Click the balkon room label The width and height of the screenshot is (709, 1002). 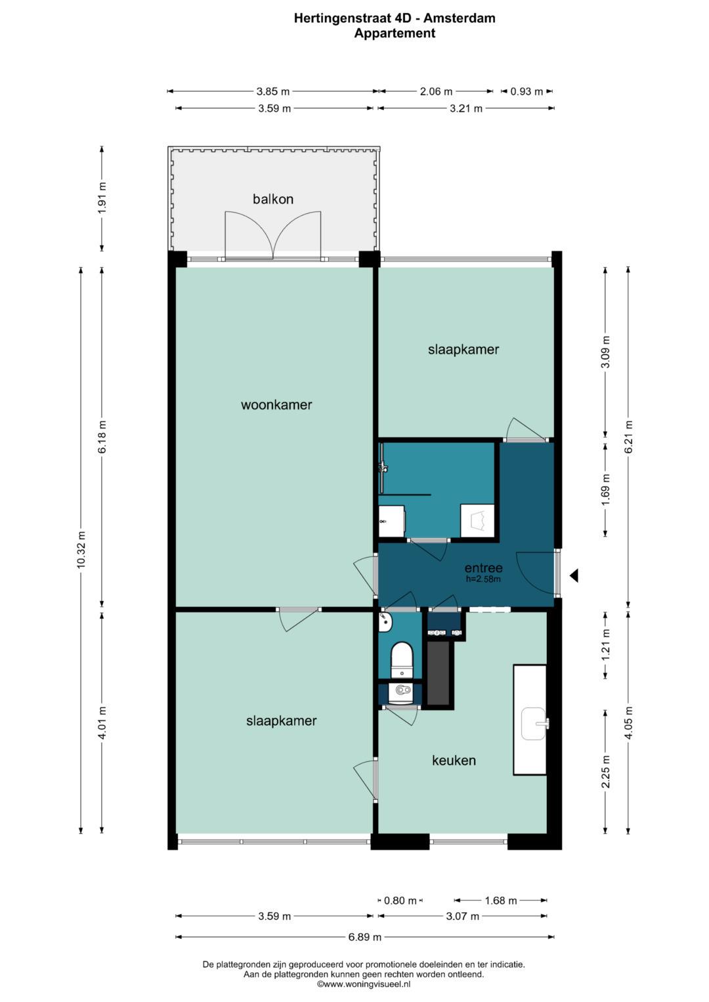(273, 199)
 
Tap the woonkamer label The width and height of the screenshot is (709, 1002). (276, 405)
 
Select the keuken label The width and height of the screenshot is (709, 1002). (454, 761)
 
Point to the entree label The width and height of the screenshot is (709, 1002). (483, 568)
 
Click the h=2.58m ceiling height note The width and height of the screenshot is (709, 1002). (483, 579)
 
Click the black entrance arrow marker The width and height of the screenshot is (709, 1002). (574, 575)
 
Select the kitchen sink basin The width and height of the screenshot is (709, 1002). (534, 724)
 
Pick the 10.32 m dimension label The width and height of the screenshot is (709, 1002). (81, 550)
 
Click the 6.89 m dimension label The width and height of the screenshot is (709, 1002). (365, 936)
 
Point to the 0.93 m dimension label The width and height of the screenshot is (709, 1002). (526, 92)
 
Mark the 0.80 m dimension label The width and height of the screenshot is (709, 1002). (400, 900)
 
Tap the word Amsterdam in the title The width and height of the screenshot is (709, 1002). (460, 18)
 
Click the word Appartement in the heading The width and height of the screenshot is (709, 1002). (395, 33)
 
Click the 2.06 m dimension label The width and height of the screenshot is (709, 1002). (436, 92)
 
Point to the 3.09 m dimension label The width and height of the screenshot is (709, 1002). (606, 352)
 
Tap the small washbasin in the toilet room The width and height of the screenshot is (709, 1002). (385, 622)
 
